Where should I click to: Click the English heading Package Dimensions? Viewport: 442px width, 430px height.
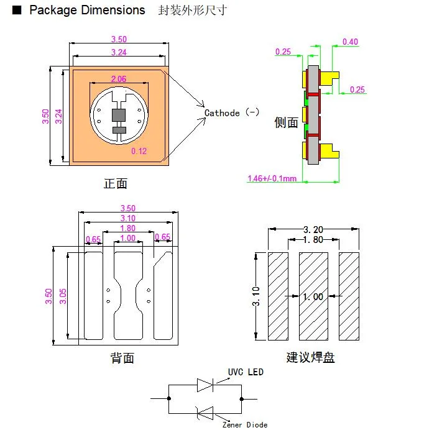[87, 11]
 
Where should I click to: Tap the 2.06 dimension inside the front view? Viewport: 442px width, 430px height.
[118, 79]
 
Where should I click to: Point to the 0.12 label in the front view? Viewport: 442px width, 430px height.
[139, 150]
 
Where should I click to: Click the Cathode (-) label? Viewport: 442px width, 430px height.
[232, 113]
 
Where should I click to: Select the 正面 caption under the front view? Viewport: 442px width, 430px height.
[116, 183]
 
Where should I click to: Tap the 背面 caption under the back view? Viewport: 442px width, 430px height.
[122, 358]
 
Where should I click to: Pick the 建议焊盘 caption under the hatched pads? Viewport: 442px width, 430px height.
[310, 358]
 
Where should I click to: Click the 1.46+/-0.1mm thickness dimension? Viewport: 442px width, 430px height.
[272, 179]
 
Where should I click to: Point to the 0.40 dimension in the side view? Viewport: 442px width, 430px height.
[350, 42]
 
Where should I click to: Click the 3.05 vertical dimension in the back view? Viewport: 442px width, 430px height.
[62, 296]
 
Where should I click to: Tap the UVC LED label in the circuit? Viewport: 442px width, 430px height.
[246, 372]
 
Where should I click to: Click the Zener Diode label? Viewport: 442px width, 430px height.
[246, 424]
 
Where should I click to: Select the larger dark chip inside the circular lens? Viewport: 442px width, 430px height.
[118, 115]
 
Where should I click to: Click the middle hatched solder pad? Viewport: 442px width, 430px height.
[313, 296]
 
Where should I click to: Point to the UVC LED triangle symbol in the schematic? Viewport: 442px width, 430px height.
[205, 385]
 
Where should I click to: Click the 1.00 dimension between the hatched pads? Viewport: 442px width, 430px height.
[313, 297]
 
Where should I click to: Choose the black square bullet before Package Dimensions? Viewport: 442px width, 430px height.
[17, 11]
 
